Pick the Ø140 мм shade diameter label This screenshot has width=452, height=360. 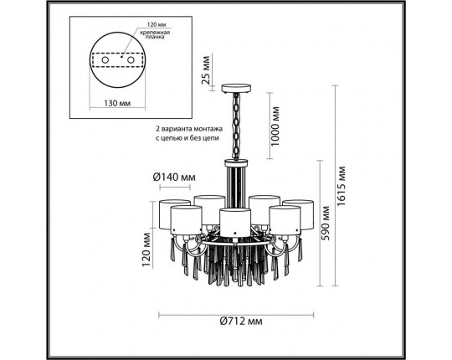(175, 177)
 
